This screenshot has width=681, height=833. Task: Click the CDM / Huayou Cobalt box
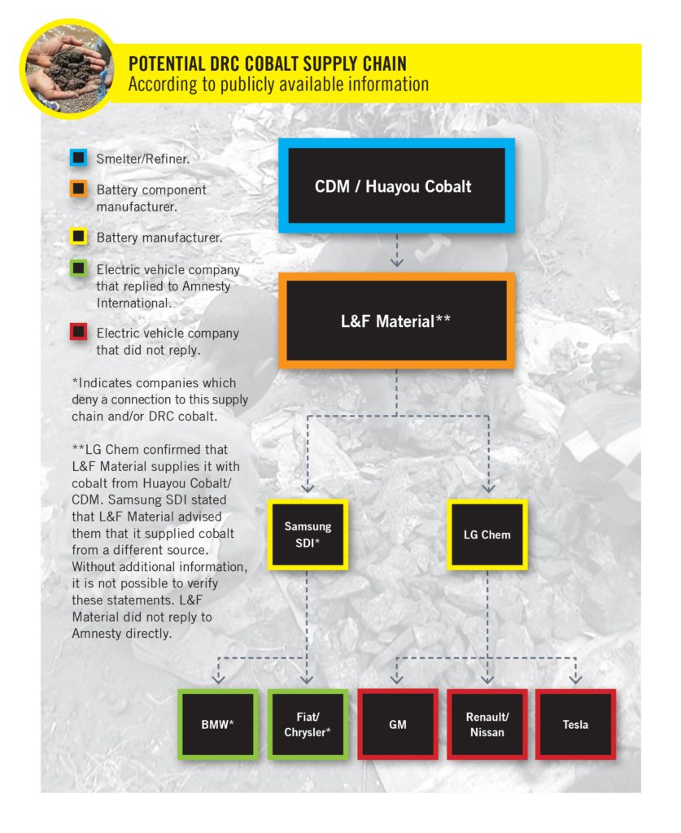point(396,186)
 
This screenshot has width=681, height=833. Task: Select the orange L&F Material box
point(396,321)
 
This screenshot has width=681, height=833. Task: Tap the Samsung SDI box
point(308,534)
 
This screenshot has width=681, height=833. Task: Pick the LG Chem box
point(487,534)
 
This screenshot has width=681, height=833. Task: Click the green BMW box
point(218,724)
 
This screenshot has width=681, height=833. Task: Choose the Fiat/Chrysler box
point(308,724)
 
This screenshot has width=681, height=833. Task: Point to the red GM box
point(398,724)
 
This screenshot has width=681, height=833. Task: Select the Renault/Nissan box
point(487,724)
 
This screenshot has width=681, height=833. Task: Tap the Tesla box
point(575,724)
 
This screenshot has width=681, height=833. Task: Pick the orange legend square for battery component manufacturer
point(78,190)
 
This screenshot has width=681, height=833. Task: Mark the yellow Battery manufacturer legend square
point(78,238)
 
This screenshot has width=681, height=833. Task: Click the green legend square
point(78,269)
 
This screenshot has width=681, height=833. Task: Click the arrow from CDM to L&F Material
point(396,250)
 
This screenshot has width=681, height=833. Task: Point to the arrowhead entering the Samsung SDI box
point(308,488)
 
